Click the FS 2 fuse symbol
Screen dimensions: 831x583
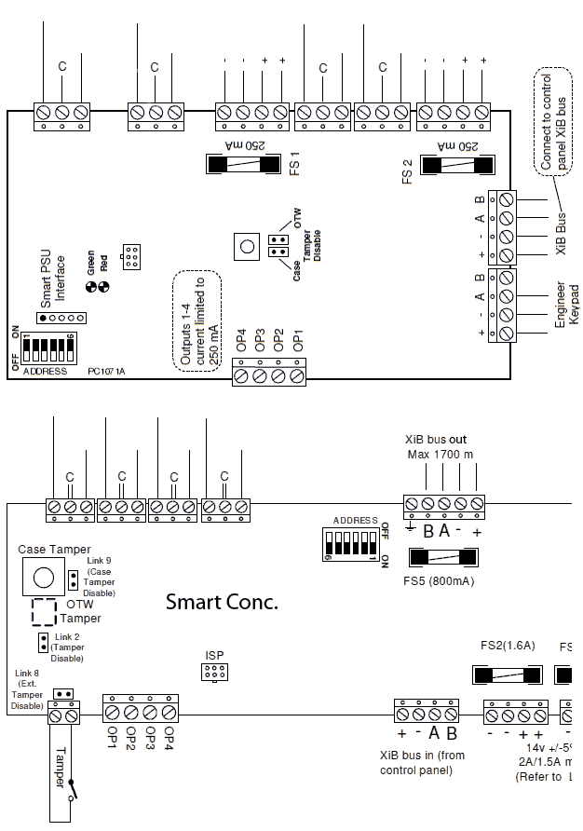pos(456,165)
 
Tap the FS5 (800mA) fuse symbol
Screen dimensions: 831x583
pos(445,558)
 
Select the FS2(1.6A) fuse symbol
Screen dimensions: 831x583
pos(508,675)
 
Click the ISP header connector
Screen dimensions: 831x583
pos(215,672)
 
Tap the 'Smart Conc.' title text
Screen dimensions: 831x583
pos(222,602)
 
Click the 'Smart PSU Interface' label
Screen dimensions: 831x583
pos(53,278)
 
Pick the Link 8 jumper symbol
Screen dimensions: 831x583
pos(63,694)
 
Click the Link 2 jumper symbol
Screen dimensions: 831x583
pos(43,642)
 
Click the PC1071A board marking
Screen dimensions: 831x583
pos(108,371)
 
